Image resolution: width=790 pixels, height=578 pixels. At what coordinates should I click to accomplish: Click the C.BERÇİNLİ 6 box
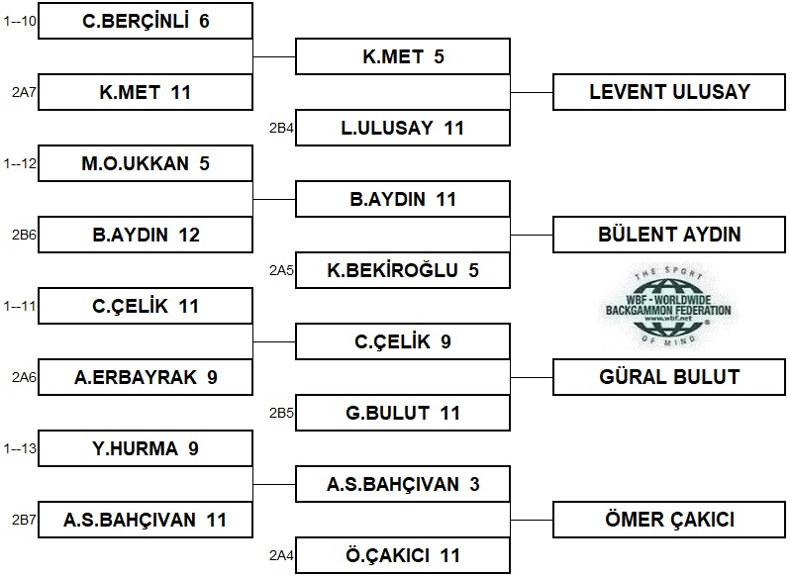click(x=146, y=21)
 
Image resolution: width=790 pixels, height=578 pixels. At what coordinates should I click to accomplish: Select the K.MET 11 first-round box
click(x=146, y=92)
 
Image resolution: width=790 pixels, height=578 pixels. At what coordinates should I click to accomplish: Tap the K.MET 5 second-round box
click(x=403, y=56)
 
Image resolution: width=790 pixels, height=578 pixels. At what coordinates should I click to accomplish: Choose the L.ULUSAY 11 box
click(x=403, y=128)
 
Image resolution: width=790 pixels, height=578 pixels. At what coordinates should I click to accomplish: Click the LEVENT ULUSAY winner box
click(x=669, y=92)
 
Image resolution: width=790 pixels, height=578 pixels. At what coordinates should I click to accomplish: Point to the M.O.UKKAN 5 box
click(x=146, y=163)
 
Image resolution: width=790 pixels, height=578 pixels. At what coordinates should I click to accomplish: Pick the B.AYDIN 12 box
click(x=146, y=235)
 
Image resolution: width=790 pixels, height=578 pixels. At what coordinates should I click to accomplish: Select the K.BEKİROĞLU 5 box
click(x=403, y=270)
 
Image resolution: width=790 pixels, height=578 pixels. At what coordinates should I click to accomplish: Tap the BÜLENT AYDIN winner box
click(x=669, y=235)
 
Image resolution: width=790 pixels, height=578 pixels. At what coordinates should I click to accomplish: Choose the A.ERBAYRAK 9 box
click(x=146, y=377)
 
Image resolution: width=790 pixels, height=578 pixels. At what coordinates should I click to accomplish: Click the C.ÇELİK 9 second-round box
click(x=403, y=341)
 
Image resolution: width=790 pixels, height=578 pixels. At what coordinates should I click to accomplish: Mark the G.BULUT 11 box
click(x=403, y=413)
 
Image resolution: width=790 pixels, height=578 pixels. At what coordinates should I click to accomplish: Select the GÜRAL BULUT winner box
click(x=669, y=377)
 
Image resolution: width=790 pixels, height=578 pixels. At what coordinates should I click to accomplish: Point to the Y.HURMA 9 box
click(x=146, y=448)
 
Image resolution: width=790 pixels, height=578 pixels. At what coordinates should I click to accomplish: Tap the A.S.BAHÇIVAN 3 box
click(x=403, y=484)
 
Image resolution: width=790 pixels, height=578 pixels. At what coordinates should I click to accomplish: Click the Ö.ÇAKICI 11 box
click(x=403, y=555)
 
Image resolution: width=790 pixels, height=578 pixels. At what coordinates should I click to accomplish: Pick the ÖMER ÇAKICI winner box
click(x=669, y=520)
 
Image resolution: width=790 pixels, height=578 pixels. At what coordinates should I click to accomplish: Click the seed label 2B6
click(x=23, y=235)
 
